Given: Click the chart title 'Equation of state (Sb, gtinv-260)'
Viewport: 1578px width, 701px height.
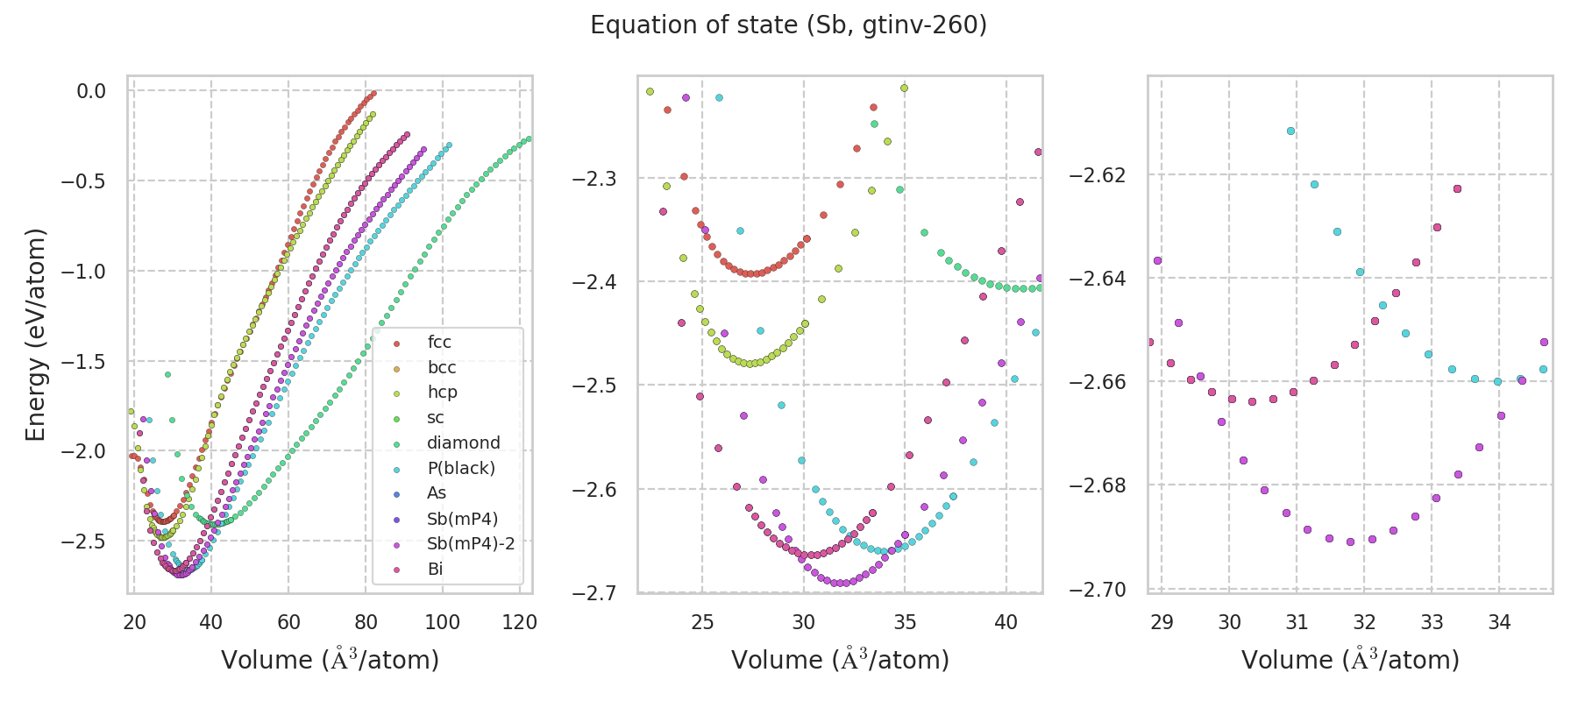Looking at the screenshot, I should point(788,25).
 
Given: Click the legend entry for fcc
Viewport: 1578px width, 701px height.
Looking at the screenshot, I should point(439,343).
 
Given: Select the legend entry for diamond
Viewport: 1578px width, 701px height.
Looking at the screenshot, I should point(463,443).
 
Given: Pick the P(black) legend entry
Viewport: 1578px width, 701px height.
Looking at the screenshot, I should point(460,468).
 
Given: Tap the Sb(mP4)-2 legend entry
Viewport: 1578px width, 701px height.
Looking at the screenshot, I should point(470,544).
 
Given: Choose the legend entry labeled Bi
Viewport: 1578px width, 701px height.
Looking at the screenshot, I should point(435,570).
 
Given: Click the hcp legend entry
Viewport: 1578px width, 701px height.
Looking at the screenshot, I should point(442,393).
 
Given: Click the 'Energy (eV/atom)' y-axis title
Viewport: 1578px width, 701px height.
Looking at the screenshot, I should point(35,335).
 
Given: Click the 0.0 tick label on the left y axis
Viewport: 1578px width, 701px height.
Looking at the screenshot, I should point(90,91).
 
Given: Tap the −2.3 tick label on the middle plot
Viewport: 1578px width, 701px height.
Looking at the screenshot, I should point(594,179).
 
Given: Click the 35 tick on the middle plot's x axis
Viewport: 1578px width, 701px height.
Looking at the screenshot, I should point(905,622).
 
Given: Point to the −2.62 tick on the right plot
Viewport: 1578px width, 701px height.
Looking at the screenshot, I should point(1097,175).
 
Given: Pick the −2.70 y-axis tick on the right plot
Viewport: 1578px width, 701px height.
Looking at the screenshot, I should point(1097,589).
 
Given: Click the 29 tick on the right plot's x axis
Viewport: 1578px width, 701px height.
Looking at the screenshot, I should point(1162,622).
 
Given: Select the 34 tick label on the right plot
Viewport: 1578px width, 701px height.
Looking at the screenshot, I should point(1499,622).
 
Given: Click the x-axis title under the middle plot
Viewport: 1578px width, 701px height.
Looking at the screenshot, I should point(840,660).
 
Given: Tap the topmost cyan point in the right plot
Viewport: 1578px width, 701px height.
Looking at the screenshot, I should point(1290,131).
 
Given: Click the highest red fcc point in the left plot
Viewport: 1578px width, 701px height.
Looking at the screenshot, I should point(373,93).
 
